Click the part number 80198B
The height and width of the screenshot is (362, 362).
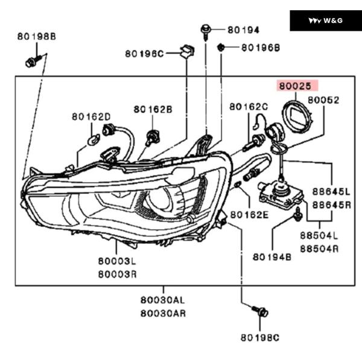coord(36,37)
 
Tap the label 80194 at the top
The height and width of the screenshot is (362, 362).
coord(243,30)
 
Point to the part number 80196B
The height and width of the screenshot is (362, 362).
coord(261,47)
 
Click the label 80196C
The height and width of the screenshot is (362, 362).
coord(144,54)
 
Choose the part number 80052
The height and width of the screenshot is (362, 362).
coord(323,100)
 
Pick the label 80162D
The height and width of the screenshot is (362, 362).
coord(91,116)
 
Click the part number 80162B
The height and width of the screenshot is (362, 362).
coord(153,109)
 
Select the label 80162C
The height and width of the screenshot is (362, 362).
coord(249,107)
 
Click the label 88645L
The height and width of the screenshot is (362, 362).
coord(331,192)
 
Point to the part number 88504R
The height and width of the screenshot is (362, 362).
coord(319,248)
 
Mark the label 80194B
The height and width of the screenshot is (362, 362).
coord(272,257)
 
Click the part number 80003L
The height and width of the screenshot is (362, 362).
coord(117,262)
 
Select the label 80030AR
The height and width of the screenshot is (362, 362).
coord(163,313)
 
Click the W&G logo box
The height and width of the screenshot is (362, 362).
coord(325,21)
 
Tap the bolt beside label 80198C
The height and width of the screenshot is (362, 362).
coord(262,312)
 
